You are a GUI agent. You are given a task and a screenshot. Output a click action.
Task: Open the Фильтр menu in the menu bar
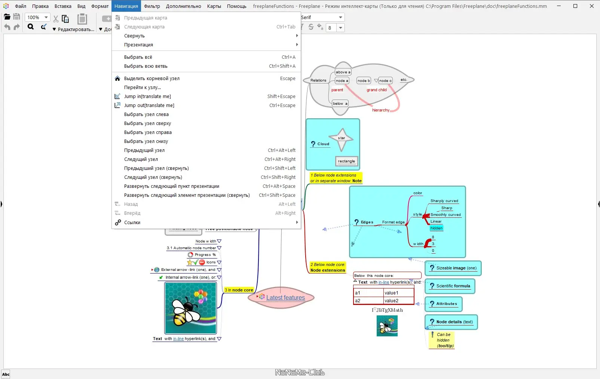(151, 6)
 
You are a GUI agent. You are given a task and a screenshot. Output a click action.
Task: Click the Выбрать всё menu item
(138, 57)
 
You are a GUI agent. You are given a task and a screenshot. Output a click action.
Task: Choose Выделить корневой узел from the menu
(151, 79)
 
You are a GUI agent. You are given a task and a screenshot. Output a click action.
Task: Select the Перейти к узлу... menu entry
(142, 88)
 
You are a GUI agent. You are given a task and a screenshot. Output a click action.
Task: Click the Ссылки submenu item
(132, 223)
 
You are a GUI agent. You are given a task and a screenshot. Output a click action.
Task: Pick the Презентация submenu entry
(138, 45)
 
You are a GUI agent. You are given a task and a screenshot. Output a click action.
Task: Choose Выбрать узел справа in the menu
(148, 132)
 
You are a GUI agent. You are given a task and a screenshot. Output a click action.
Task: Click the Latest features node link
(285, 298)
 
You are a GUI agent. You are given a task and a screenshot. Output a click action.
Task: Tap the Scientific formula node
(453, 286)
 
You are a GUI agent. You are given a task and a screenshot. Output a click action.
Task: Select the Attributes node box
(446, 304)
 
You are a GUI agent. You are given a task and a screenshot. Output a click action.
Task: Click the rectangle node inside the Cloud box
(346, 161)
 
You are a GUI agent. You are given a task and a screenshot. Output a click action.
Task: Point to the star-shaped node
(342, 138)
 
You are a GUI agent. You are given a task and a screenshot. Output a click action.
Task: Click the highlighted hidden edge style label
(436, 228)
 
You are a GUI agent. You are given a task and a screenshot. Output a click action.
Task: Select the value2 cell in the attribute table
(398, 301)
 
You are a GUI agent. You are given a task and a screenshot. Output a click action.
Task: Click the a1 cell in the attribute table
(368, 293)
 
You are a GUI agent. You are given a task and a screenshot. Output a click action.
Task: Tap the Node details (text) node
(454, 322)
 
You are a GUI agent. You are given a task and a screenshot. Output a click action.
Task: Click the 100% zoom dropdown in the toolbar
(37, 18)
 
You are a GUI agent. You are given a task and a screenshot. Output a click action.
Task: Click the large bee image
(191, 308)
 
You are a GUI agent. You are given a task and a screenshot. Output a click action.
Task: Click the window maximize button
(575, 6)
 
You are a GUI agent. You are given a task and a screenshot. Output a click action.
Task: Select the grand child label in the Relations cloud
(376, 90)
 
